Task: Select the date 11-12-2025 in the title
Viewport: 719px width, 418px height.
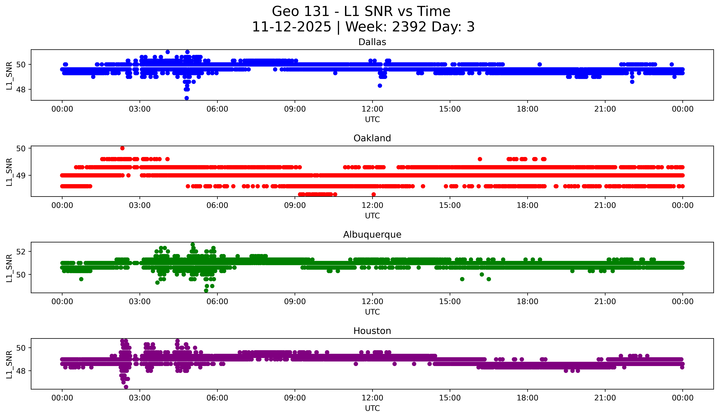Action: [x=291, y=27]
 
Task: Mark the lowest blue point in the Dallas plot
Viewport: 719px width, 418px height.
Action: [x=187, y=98]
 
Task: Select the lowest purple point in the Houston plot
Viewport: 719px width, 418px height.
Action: [x=126, y=387]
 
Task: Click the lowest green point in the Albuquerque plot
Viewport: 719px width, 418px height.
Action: [x=206, y=291]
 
